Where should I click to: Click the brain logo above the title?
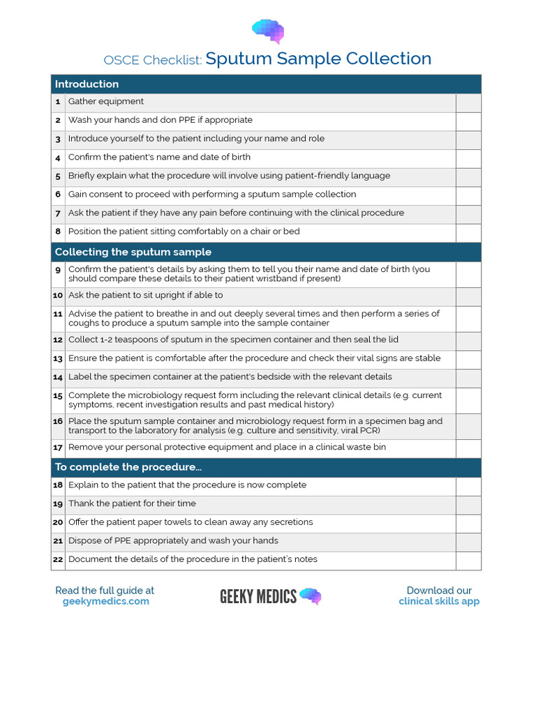(268, 31)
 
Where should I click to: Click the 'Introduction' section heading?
(87, 84)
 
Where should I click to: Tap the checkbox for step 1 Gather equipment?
(468, 102)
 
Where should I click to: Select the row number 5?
(59, 176)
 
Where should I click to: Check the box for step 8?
(468, 233)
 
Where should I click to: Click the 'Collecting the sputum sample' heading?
(133, 252)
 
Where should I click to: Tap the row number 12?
(58, 340)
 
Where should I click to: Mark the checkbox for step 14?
(468, 378)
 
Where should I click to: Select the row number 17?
(58, 448)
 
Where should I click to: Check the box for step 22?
(468, 561)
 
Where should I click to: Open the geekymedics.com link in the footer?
(105, 602)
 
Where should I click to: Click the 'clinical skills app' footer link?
(439, 602)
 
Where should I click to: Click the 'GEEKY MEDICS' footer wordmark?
(258, 596)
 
